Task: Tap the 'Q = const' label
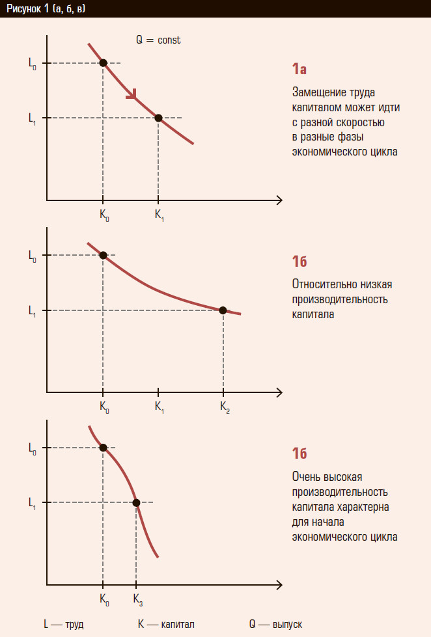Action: click(158, 40)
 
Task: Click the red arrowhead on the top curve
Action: click(132, 95)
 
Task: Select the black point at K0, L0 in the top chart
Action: click(103, 63)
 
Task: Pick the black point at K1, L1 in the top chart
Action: click(158, 118)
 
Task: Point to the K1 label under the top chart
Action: click(159, 216)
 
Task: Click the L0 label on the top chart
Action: click(33, 64)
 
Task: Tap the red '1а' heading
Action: click(299, 69)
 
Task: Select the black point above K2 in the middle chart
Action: click(223, 310)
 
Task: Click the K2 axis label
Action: click(225, 407)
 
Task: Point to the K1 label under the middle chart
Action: click(159, 407)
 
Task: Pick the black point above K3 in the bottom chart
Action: click(136, 502)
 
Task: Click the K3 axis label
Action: click(137, 599)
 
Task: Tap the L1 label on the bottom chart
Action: click(33, 503)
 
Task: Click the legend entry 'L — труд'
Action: click(63, 624)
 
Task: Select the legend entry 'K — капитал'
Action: click(166, 624)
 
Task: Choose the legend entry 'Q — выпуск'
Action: click(275, 624)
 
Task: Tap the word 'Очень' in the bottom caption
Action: click(306, 477)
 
